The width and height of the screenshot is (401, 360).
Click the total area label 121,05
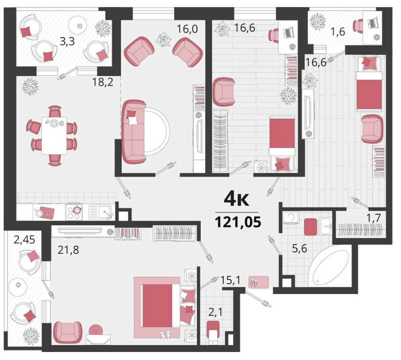(238, 222)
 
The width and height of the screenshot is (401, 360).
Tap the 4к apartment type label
(236, 199)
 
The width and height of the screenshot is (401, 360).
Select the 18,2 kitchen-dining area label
(103, 82)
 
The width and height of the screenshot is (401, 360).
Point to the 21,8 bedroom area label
(68, 250)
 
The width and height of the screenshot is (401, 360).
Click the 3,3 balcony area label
(67, 41)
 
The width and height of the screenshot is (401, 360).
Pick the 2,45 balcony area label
(24, 240)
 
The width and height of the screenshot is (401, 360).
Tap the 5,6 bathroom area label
(299, 248)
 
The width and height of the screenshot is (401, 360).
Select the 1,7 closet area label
(374, 218)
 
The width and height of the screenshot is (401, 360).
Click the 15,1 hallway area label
(230, 280)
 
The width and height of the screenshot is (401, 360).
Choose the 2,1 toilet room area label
(215, 312)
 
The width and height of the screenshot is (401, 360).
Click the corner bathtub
(329, 267)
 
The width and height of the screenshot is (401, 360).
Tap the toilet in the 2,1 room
(213, 333)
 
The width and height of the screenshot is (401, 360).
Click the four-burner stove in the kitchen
(74, 212)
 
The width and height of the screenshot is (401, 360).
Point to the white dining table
(54, 135)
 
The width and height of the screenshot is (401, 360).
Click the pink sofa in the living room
(134, 132)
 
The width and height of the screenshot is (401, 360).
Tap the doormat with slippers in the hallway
(259, 282)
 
